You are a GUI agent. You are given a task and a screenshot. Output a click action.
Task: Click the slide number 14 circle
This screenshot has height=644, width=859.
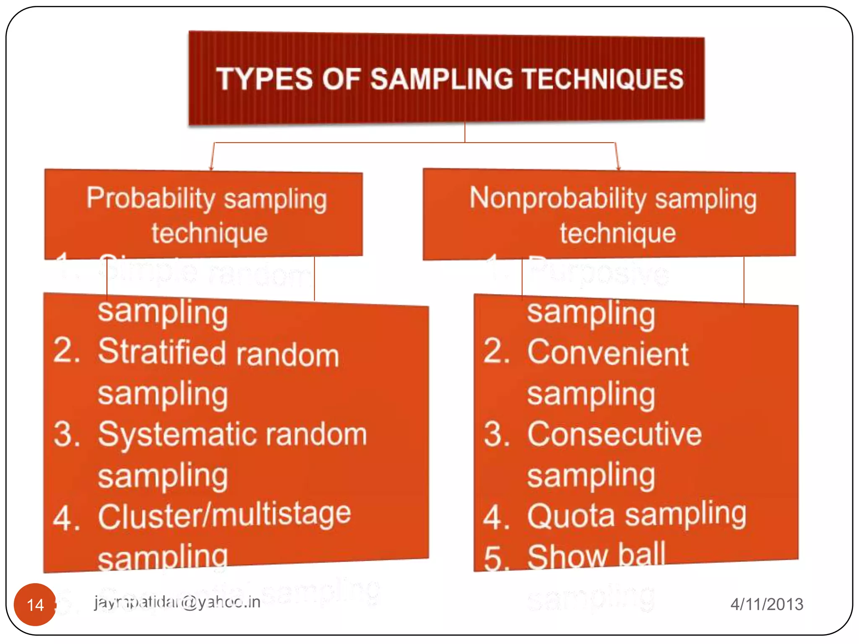(35, 604)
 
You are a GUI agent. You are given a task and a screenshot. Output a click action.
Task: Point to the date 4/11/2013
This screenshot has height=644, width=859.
(767, 604)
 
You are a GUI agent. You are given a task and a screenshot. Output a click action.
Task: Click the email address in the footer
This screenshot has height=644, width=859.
(177, 602)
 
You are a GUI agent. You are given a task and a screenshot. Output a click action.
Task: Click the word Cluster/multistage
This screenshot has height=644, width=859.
(224, 515)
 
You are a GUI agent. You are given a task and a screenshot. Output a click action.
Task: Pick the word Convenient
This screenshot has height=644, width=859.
(608, 353)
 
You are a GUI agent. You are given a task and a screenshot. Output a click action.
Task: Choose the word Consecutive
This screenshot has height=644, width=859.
(614, 434)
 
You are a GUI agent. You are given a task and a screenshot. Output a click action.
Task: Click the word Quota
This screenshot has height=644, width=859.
(571, 516)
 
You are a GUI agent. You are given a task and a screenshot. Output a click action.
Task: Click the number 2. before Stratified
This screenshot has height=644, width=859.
(67, 351)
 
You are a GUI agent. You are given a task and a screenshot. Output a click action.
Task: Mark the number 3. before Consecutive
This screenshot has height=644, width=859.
(497, 434)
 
